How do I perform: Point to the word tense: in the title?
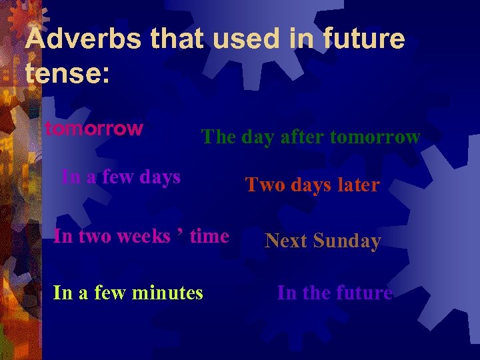click(67, 73)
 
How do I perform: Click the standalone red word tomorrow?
click(94, 128)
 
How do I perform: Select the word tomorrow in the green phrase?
click(375, 137)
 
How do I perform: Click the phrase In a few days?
click(121, 177)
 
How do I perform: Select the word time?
click(209, 236)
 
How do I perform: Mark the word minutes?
click(168, 292)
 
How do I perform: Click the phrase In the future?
click(335, 292)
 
